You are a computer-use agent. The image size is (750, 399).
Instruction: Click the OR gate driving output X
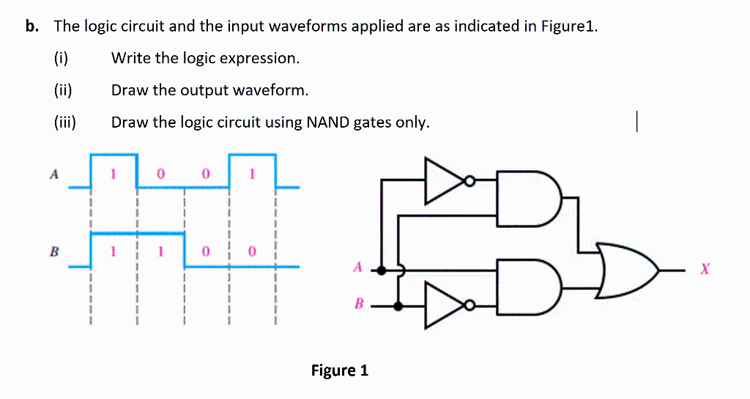pos(628,271)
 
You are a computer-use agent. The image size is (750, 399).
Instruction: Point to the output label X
pos(704,271)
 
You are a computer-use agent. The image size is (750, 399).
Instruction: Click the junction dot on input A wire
pos(382,269)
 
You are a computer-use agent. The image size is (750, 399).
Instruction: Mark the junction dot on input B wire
pos(398,306)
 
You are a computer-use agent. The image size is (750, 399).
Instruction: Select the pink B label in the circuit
pos(358,304)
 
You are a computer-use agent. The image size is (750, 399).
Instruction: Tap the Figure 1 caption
pos(339,370)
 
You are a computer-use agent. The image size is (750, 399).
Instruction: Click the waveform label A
pos(53,175)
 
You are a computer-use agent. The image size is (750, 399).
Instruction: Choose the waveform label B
pos(53,252)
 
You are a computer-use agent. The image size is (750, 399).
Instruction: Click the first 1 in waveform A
pos(114,175)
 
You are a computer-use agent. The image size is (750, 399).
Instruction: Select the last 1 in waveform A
pos(252,175)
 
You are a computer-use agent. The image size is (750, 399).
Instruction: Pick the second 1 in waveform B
pos(160,252)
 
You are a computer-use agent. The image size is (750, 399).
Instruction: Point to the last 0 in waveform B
pos(252,252)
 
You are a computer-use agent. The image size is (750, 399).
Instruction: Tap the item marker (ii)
pos(63,90)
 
